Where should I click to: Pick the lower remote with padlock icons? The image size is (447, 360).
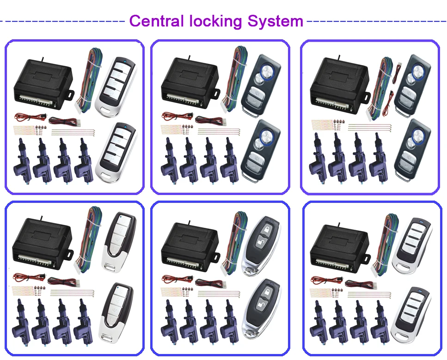(261, 303)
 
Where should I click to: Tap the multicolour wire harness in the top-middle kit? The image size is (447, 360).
(235, 79)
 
